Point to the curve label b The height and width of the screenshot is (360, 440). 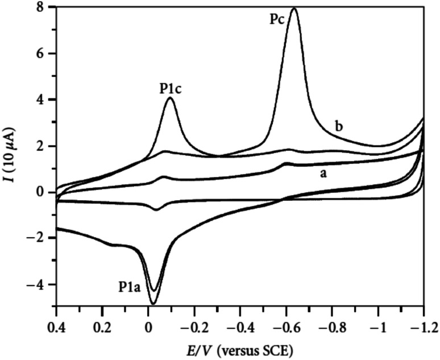339,126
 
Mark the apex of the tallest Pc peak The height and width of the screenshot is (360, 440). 294,9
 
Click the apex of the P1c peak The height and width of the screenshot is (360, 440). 169,98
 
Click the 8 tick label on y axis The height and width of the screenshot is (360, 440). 43,7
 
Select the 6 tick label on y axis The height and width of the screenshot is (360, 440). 43,53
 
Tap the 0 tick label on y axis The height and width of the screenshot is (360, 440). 43,193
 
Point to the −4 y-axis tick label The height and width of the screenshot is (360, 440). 40,285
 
